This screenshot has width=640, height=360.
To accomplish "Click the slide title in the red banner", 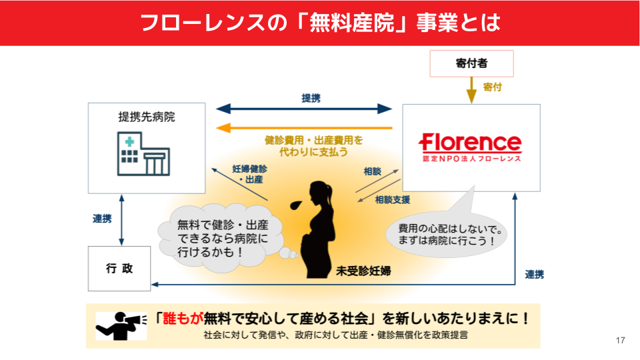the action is (x=320, y=22).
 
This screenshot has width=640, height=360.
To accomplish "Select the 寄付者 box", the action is (x=471, y=63).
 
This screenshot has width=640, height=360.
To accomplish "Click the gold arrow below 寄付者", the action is (x=471, y=89).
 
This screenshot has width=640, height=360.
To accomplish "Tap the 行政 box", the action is (x=119, y=269).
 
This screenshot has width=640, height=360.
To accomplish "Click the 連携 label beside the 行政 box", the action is (x=102, y=218).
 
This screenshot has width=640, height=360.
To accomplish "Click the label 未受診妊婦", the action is (x=363, y=271).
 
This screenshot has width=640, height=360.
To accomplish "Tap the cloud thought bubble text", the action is (x=222, y=239).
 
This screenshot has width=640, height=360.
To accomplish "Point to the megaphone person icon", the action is (x=120, y=324).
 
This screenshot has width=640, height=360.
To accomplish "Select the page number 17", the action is (x=621, y=341).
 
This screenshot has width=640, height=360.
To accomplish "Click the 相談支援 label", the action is (x=392, y=199).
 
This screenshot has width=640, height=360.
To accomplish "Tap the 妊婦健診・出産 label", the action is (x=250, y=174).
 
